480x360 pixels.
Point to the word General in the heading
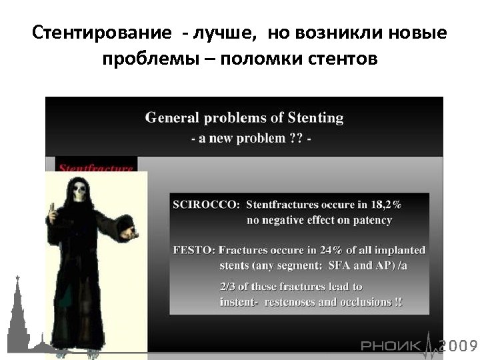(176, 119)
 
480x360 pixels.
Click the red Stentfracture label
(95, 169)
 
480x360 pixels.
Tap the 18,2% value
(389, 204)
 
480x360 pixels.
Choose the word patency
(369, 220)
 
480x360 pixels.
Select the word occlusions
(365, 302)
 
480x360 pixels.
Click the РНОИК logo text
(391, 346)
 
